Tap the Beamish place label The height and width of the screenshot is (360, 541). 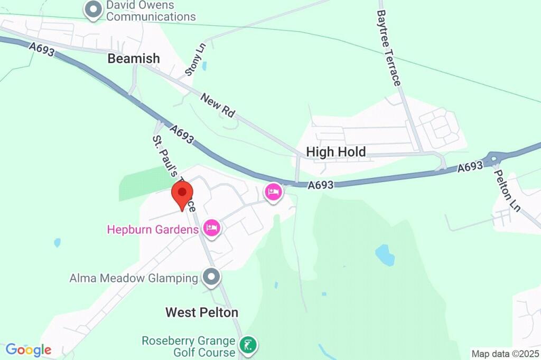pyautogui.click(x=134, y=59)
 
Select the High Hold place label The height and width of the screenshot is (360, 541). pyautogui.click(x=336, y=152)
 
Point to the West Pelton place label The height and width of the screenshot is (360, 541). pyautogui.click(x=202, y=312)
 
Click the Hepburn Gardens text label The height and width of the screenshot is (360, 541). pyautogui.click(x=153, y=230)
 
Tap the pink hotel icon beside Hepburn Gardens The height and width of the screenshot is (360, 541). pyautogui.click(x=212, y=229)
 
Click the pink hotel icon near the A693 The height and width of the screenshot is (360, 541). pyautogui.click(x=273, y=192)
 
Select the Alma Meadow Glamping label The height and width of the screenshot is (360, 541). pyautogui.click(x=134, y=278)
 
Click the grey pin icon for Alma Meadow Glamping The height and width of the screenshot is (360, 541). pyautogui.click(x=212, y=277)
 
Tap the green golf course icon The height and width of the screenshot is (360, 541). pyautogui.click(x=248, y=346)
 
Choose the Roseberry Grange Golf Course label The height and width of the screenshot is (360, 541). pyautogui.click(x=188, y=346)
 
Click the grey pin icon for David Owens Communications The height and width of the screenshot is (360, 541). pyautogui.click(x=94, y=10)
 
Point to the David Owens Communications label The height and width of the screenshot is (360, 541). pyautogui.click(x=151, y=11)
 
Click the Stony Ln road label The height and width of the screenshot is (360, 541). pyautogui.click(x=195, y=59)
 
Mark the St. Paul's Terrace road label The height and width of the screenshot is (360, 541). pyautogui.click(x=174, y=174)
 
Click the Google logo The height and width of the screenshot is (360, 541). pyautogui.click(x=29, y=349)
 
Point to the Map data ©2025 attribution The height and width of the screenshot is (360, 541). pyautogui.click(x=505, y=354)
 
